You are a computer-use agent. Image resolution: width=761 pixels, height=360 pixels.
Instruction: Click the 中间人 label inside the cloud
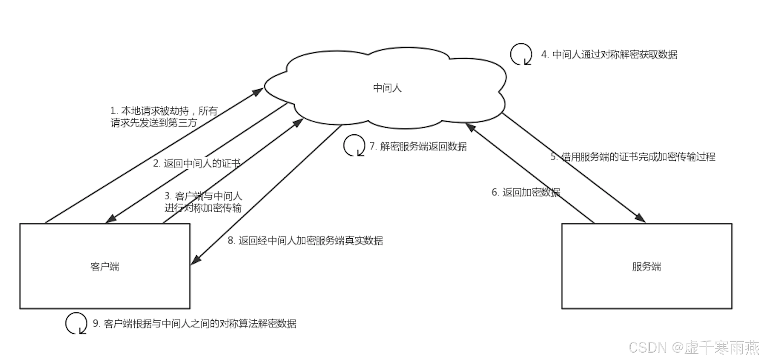[x=387, y=88]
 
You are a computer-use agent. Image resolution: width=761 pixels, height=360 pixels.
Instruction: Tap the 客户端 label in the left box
[x=105, y=266]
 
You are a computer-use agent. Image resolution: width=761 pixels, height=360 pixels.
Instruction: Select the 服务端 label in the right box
[x=646, y=266]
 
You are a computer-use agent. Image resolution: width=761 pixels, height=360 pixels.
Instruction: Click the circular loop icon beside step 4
[x=521, y=54]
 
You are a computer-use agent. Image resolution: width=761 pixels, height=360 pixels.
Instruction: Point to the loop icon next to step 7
[x=354, y=145]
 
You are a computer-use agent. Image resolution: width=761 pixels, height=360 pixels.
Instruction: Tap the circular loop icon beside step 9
[x=76, y=323]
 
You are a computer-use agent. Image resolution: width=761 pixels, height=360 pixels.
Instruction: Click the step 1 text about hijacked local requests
[x=164, y=117]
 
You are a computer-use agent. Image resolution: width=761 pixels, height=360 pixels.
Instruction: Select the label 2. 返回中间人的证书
[x=197, y=163]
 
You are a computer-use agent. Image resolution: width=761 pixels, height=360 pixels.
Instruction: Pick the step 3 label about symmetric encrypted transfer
[x=203, y=202]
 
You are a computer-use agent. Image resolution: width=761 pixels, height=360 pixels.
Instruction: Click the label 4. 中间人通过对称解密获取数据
[x=609, y=55]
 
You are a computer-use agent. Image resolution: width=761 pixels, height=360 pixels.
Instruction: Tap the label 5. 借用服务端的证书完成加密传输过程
[x=633, y=157]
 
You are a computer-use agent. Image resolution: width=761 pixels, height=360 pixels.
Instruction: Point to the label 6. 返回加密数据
[x=526, y=192]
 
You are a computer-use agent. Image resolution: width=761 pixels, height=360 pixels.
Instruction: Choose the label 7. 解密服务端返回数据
[x=418, y=146]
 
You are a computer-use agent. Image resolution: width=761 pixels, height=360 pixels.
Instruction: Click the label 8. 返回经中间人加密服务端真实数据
[x=305, y=240]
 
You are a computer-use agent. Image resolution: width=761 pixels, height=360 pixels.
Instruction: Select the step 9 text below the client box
[x=195, y=324]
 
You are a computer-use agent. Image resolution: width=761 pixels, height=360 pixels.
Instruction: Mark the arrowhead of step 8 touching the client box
[x=196, y=260]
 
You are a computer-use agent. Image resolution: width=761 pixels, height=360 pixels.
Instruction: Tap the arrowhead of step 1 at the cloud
[x=258, y=92]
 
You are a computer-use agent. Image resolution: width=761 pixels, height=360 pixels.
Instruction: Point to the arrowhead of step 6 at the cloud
[x=470, y=127]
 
